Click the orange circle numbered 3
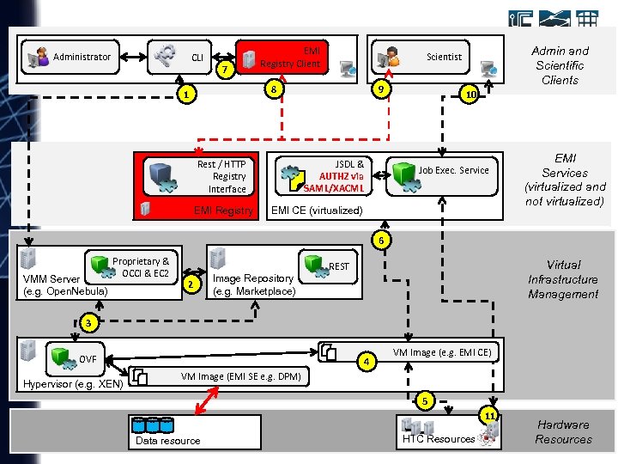(x=88, y=322)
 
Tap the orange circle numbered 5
(x=423, y=399)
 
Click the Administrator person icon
(x=38, y=58)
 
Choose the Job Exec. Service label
(x=454, y=170)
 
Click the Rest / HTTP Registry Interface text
(x=221, y=176)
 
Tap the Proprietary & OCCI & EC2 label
(x=141, y=267)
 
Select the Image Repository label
(x=253, y=284)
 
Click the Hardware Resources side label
(x=563, y=431)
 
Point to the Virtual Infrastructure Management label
(x=563, y=279)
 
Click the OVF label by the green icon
(x=88, y=359)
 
